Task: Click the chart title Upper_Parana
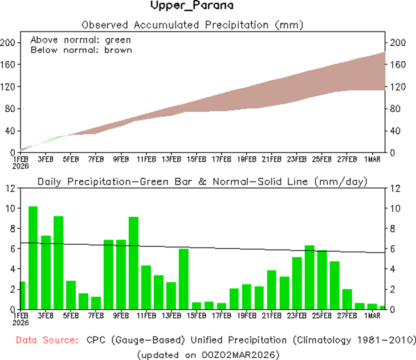(192, 6)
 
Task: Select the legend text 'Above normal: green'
(81, 40)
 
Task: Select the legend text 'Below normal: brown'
(81, 50)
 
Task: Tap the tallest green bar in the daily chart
(33, 258)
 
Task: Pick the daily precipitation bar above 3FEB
(46, 272)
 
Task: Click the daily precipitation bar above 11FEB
(146, 287)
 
